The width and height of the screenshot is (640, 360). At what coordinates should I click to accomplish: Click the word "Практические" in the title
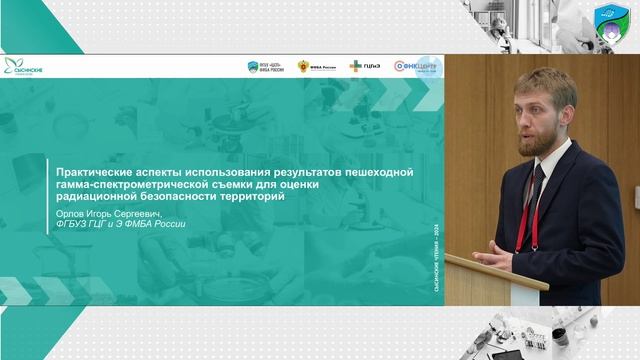tap(88, 173)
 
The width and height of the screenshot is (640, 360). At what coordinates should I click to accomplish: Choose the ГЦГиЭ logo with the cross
tap(363, 67)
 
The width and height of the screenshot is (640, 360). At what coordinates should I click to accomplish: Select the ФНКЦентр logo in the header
tap(413, 67)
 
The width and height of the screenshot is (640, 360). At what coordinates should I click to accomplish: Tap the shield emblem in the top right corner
tap(611, 21)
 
